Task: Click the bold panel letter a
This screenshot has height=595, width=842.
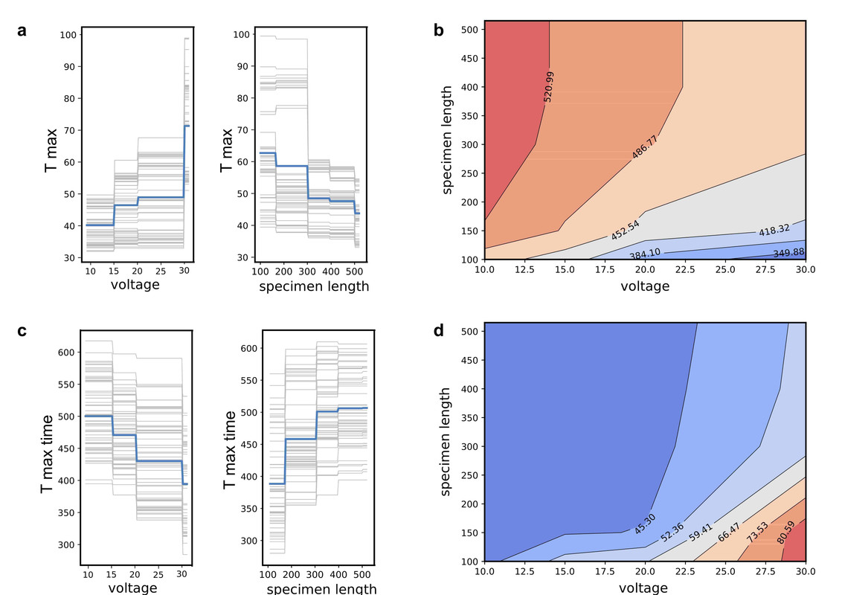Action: (23, 31)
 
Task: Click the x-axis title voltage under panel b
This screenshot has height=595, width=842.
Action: (645, 286)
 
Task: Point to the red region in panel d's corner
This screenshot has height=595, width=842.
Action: (794, 548)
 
